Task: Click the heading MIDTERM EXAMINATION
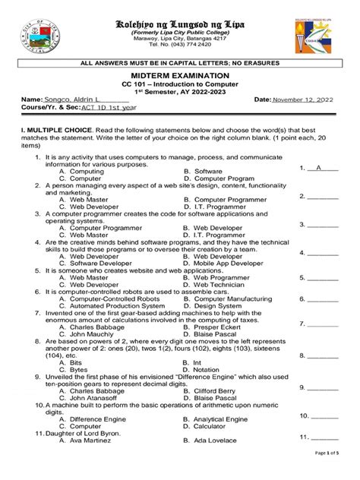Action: [x=179, y=77]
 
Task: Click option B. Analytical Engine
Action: [x=220, y=418]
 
